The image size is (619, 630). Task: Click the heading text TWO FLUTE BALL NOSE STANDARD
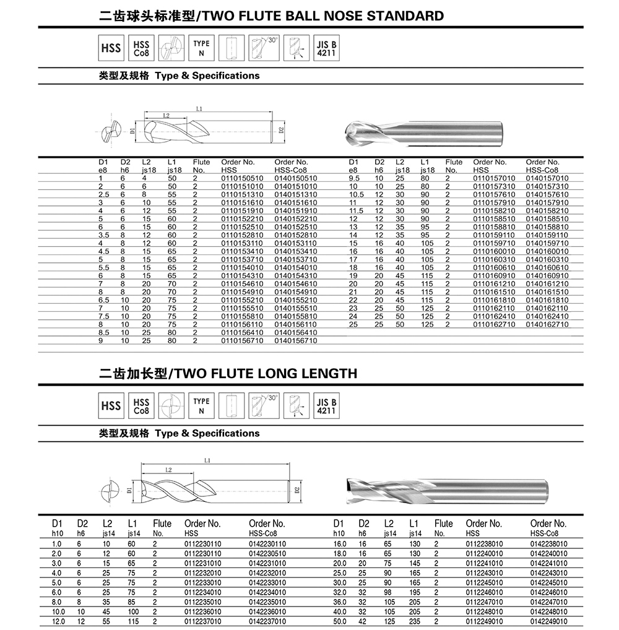pos(320,15)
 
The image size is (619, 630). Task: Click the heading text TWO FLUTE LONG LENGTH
pos(263,373)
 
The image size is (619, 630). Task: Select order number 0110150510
pos(242,178)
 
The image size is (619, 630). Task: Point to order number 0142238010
pos(549,544)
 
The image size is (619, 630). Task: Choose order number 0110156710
pos(242,340)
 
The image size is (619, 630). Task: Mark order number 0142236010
pos(267,611)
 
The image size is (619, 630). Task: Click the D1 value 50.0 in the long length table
pos(340,621)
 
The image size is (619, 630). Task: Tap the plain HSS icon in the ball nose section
pos(111,48)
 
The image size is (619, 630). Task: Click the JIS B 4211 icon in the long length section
pos(326,406)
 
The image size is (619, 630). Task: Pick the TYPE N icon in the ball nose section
pos(201,48)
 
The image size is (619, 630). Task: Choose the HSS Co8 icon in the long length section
pos(142,406)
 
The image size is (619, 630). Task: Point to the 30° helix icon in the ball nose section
pos(264,48)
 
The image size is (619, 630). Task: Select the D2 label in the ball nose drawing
pos(280,131)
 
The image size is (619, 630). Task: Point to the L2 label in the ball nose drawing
pos(167,116)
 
